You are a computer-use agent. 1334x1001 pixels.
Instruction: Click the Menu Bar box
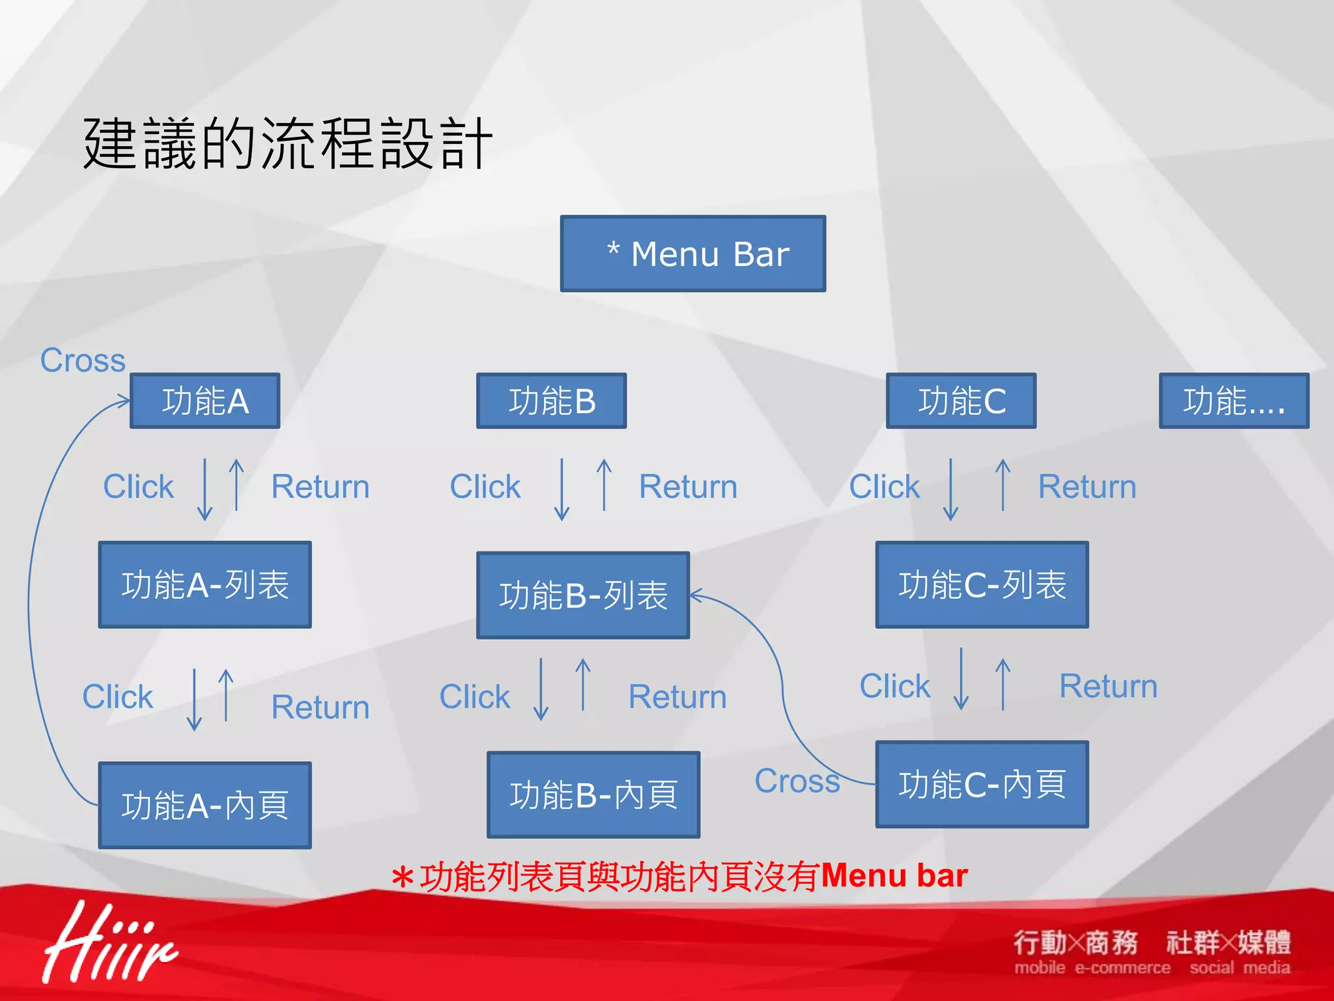point(693,254)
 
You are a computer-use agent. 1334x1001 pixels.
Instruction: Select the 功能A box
point(205,401)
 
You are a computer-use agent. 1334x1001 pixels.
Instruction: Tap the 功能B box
point(551,401)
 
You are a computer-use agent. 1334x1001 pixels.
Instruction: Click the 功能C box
point(961,401)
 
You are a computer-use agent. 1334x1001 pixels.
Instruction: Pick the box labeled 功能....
point(1234,401)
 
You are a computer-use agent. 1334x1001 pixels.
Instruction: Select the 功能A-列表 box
point(205,585)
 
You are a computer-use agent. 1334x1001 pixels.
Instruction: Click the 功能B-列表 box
point(583,595)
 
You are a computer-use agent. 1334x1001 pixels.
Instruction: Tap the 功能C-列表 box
point(982,585)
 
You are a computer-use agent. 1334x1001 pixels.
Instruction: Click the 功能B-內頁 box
point(593,794)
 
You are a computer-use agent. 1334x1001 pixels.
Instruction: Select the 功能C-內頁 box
point(982,784)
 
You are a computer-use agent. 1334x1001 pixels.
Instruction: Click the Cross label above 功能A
point(83,360)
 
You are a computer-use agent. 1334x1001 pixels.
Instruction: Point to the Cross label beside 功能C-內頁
point(797,781)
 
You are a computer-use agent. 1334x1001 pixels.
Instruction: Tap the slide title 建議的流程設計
point(287,143)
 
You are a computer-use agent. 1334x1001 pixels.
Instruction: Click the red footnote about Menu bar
point(679,877)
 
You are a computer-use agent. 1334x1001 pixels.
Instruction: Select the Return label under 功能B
point(688,487)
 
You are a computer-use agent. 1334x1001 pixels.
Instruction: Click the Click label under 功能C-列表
point(895,686)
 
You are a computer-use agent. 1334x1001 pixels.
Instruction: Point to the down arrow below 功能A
point(205,489)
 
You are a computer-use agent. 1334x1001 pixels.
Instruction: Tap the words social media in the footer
point(1240,968)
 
